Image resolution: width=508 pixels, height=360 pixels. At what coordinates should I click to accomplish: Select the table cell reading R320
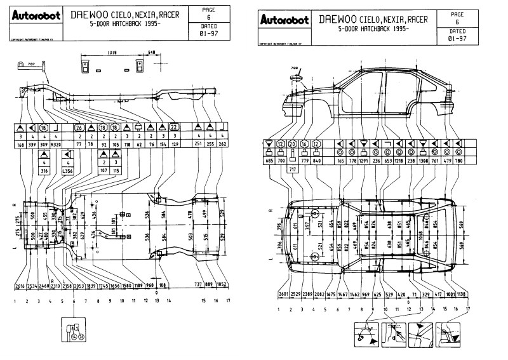point(56,144)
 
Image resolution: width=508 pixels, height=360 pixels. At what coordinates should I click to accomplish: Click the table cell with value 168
point(22,144)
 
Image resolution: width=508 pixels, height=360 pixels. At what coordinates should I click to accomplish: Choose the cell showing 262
point(223,144)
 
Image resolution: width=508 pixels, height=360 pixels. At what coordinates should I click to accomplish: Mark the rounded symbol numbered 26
point(80,127)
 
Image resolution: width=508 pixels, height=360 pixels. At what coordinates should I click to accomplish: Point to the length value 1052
point(222,285)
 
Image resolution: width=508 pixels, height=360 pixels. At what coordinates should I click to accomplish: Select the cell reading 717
point(293,170)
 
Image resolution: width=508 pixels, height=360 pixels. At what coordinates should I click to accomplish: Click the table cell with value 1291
point(364,161)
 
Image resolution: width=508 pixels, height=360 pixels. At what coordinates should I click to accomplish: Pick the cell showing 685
point(269,161)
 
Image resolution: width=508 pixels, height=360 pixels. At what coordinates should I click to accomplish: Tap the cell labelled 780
point(458,161)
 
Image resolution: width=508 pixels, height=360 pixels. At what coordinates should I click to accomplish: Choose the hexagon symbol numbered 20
point(293,144)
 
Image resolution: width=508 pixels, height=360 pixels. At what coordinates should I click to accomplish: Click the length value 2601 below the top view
point(283,295)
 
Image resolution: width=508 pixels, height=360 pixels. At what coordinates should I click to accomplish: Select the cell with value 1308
point(423,161)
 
